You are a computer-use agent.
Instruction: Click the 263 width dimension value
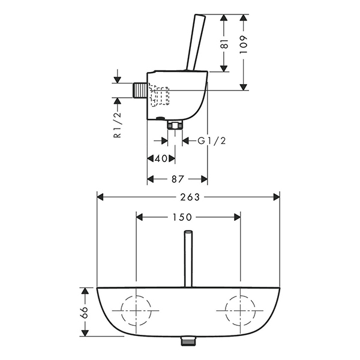190,197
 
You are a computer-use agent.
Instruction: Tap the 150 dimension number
182,217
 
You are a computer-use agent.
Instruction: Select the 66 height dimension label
85,312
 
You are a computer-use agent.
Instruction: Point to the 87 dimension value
178,179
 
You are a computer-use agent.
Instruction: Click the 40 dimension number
161,158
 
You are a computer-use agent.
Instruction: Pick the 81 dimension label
224,43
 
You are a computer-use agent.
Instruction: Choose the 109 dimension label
244,44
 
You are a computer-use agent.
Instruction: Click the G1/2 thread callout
212,140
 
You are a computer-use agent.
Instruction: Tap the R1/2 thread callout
117,125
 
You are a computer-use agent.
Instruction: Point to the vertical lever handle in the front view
188,259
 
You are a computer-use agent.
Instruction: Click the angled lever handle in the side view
196,43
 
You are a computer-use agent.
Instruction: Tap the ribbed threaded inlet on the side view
140,91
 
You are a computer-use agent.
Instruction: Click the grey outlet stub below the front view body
188,341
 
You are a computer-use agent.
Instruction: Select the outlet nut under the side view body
175,125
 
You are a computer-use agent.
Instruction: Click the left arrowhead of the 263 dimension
100,197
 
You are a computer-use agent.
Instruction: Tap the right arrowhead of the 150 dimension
237,217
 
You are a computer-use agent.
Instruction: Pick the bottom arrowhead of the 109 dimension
244,87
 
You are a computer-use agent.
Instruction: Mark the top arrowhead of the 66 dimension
85,290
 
